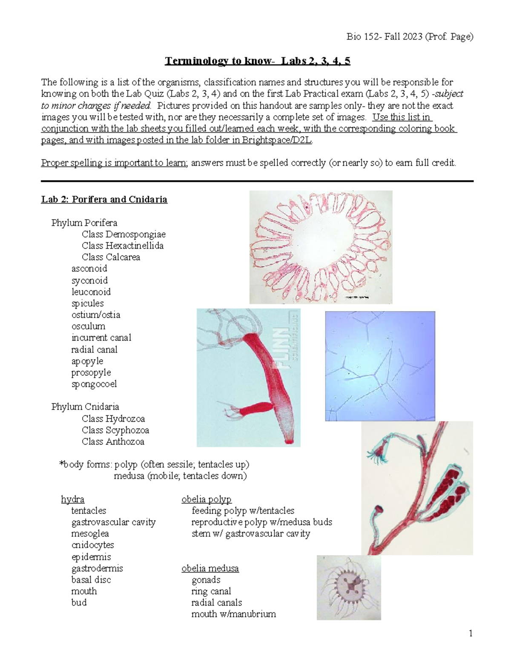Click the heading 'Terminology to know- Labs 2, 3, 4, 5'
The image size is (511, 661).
point(257,61)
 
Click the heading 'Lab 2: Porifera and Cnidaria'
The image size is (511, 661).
point(104,200)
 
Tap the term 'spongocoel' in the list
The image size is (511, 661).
point(94,384)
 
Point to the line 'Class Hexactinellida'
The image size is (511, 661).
point(122,246)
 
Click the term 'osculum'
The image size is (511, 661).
point(88,326)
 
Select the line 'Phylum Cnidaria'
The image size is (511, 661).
point(85,407)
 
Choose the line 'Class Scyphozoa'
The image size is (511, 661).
point(115,430)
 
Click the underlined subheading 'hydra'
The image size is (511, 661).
point(72,499)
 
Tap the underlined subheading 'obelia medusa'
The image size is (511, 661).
point(210,569)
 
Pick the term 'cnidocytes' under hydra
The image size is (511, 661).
point(92,545)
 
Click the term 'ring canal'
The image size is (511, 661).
point(211,592)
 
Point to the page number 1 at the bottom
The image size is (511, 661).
point(471,634)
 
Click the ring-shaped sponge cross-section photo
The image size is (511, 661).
point(320,247)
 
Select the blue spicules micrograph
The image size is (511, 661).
point(380,366)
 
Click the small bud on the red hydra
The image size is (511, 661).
point(254,409)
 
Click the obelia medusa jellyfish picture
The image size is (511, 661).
point(349,587)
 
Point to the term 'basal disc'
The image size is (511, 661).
point(91,580)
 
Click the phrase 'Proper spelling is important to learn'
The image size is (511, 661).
point(114,163)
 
